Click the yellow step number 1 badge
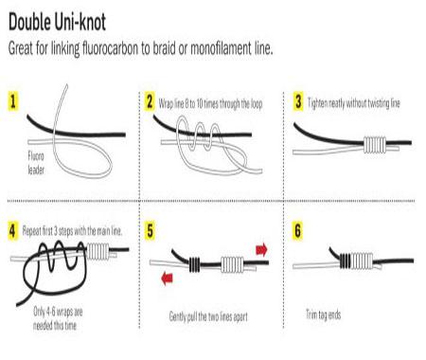pyautogui.click(x=13, y=101)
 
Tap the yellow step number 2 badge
pyautogui.click(x=150, y=101)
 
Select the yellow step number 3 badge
pyautogui.click(x=298, y=101)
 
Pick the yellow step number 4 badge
pyautogui.click(x=12, y=231)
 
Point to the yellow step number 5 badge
pyautogui.click(x=150, y=231)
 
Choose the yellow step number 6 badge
pyautogui.click(x=297, y=231)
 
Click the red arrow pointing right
pyautogui.click(x=261, y=250)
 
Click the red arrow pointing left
pyautogui.click(x=167, y=279)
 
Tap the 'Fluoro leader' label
pyautogui.click(x=36, y=163)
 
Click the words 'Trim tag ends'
pyautogui.click(x=324, y=315)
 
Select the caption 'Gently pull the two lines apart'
pyautogui.click(x=208, y=316)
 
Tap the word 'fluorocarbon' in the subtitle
pyautogui.click(x=110, y=48)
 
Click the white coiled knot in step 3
pyautogui.click(x=375, y=145)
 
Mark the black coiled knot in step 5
pyautogui.click(x=194, y=264)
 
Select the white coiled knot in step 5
pyautogui.click(x=233, y=264)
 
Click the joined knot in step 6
pyautogui.click(x=356, y=261)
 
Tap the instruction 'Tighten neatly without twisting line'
pyautogui.click(x=354, y=103)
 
